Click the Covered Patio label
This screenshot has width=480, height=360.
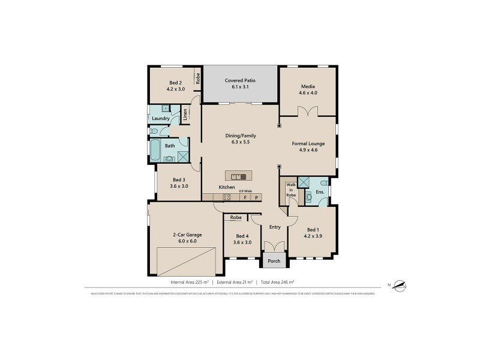pos(240,80)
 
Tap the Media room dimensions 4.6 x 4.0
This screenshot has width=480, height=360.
pos(308,93)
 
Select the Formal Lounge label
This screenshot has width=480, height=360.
pos(308,143)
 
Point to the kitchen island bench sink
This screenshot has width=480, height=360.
pos(236,176)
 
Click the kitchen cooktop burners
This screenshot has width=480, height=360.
pos(227,197)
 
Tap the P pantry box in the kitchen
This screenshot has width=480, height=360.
pos(256,197)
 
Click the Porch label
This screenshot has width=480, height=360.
pos(274,261)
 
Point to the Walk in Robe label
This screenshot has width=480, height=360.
pos(291,190)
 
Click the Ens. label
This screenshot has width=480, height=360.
pos(320,192)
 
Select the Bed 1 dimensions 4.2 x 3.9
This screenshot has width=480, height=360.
pos(313,236)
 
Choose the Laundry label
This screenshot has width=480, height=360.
pos(160,119)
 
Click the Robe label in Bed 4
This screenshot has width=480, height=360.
pos(236,217)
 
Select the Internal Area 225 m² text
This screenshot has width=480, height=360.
pos(190,281)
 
